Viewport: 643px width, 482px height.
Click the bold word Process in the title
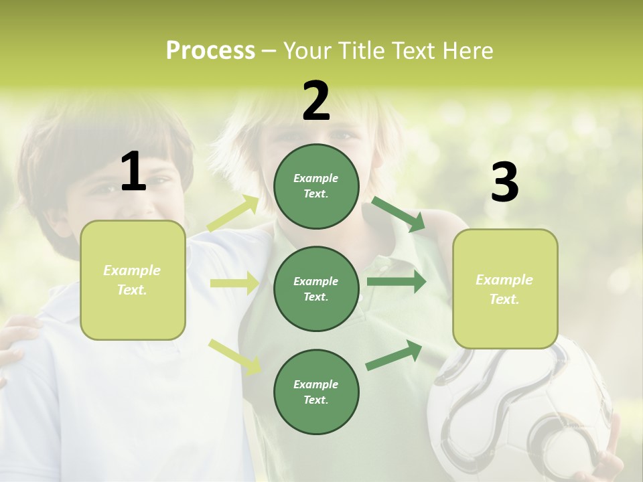[x=210, y=51]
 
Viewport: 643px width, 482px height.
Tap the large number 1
[x=133, y=171]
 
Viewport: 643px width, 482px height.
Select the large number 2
[x=316, y=101]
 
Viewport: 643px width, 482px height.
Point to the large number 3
[x=504, y=182]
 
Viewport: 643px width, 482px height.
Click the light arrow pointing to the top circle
[x=233, y=214]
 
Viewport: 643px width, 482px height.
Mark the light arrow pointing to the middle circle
[x=234, y=283]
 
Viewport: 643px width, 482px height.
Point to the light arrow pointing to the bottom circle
[x=234, y=356]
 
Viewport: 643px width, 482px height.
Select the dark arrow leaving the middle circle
[x=397, y=282]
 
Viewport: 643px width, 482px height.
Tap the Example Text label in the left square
[x=132, y=280]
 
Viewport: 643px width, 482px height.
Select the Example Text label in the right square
[x=504, y=289]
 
